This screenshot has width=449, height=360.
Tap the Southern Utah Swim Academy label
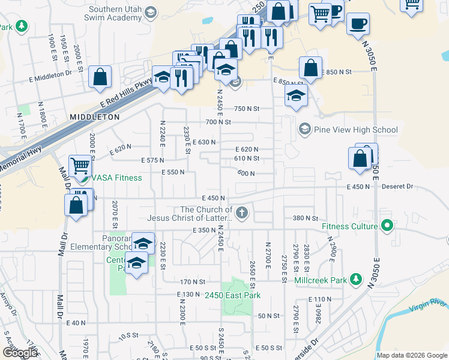[115, 14]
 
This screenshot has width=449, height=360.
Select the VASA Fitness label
[116, 178]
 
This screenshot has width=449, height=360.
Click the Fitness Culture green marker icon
[387, 226]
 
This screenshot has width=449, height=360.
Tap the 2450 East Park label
[232, 295]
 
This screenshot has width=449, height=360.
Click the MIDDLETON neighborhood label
[94, 117]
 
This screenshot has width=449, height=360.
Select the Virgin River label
[429, 307]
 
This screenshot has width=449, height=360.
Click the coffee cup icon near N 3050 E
[358, 24]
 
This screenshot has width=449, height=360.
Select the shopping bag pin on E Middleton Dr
[100, 77]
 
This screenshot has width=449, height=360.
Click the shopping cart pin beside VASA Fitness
[80, 166]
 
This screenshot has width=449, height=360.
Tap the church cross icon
[241, 212]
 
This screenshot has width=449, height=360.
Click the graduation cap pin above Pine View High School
[295, 95]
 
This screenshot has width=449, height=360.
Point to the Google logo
[19, 353]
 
